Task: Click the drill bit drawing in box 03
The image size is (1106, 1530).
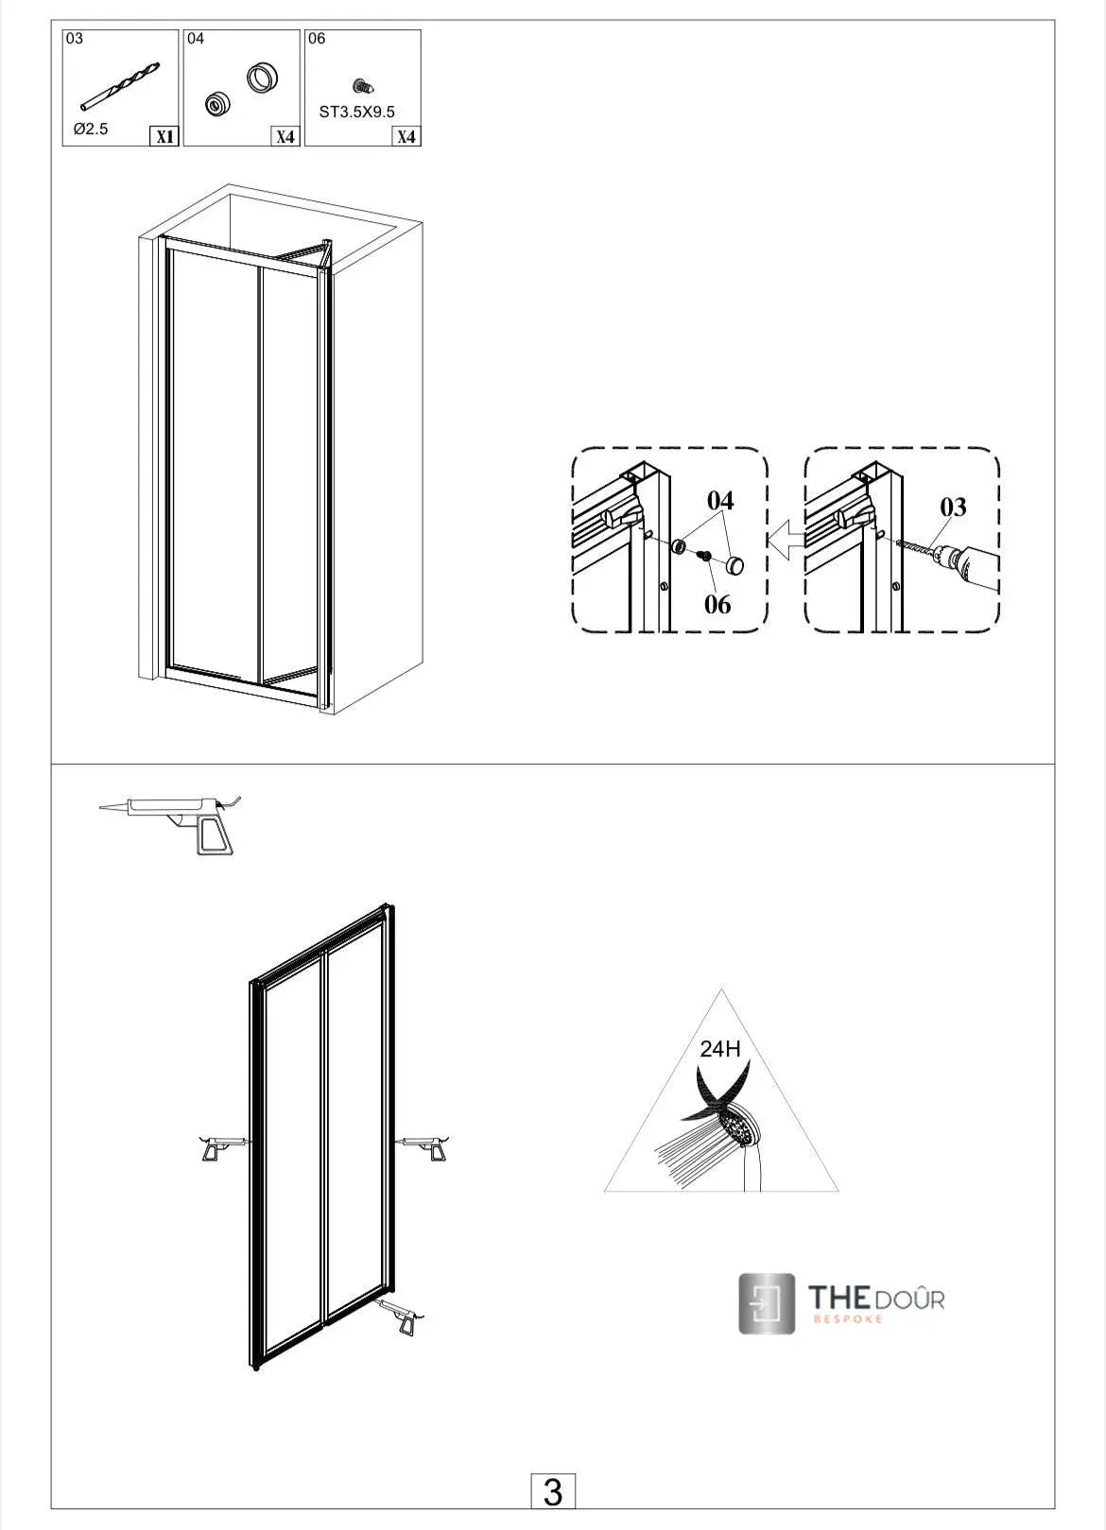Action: coord(120,85)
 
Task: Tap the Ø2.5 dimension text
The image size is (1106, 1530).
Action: coord(91,129)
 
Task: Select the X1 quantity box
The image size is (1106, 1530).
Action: coord(164,136)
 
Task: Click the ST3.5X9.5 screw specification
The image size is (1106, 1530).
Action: coord(357,112)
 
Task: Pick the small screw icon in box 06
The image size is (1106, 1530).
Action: coord(359,87)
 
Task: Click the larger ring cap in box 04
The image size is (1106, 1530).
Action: coord(261,77)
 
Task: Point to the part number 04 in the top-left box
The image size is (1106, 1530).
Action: coord(196,39)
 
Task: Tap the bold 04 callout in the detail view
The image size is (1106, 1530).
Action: coord(720,500)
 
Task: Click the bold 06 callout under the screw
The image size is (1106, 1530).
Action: coord(717,604)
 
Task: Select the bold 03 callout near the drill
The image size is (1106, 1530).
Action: coord(953,508)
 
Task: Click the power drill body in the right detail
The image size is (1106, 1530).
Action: coord(970,567)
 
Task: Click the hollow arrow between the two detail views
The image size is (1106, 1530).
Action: coord(784,545)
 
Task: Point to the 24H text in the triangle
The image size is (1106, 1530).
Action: coord(719,1048)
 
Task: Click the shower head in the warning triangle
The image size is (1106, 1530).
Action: coord(739,1128)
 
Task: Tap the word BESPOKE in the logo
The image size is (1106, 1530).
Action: coord(847,1318)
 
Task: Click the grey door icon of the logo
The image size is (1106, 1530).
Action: coord(767,1303)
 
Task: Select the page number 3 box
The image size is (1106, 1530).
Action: coord(553,1492)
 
